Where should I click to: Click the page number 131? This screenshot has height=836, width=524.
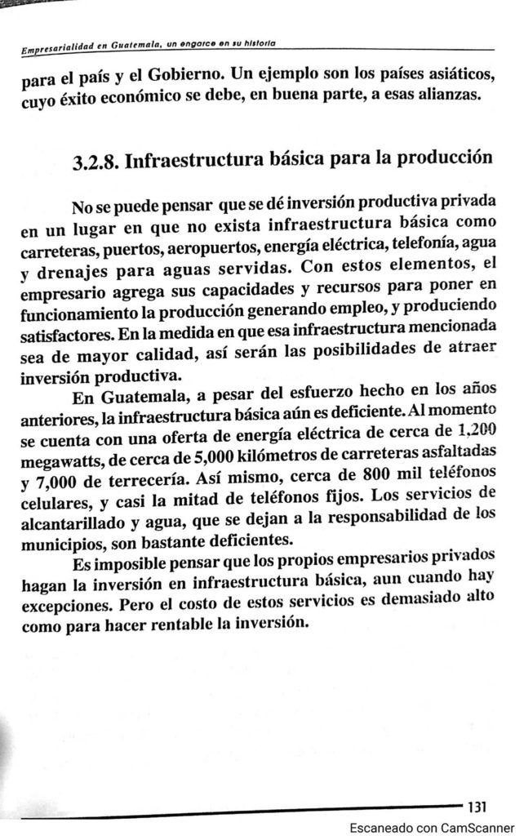(476, 807)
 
